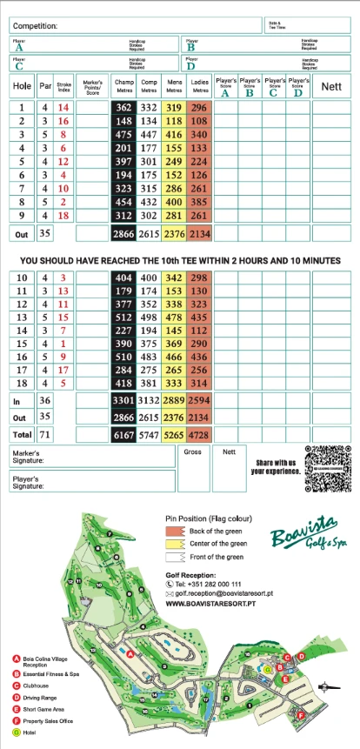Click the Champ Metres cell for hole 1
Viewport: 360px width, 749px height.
tap(123, 107)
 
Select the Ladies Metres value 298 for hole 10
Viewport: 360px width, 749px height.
tap(200, 277)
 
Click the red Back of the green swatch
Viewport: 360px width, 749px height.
tap(177, 531)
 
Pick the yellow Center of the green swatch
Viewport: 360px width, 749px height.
tap(177, 544)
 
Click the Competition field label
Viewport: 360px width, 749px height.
tap(36, 27)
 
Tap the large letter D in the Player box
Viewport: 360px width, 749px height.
tap(190, 64)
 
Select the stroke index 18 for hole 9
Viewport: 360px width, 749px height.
tap(63, 216)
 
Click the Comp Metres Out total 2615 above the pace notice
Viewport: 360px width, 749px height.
tap(149, 233)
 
